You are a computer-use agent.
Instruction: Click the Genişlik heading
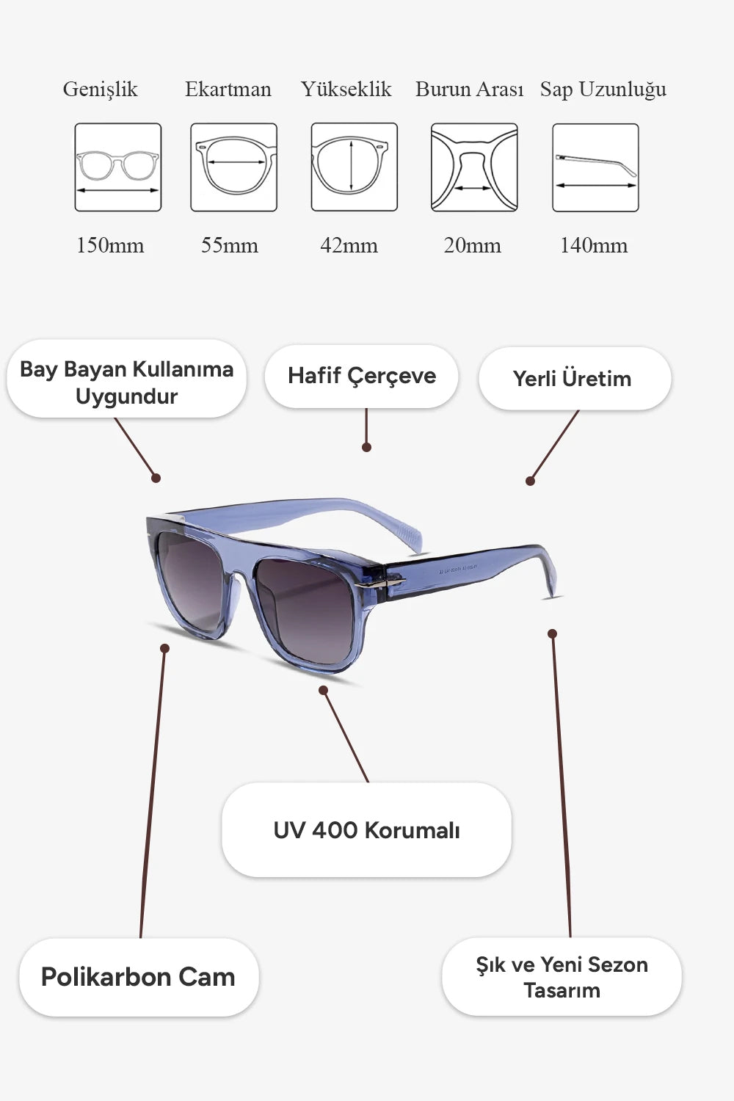(101, 90)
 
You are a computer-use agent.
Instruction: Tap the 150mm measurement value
(110, 245)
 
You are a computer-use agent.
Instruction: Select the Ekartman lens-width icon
(234, 167)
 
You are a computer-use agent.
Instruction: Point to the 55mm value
(230, 245)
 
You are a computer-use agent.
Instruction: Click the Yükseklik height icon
(354, 167)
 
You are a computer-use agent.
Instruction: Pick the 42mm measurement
(349, 245)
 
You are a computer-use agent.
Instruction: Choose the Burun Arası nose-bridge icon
(474, 167)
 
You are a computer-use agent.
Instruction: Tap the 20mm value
(472, 245)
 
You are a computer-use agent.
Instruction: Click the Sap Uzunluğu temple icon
(595, 167)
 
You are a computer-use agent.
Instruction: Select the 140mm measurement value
(594, 245)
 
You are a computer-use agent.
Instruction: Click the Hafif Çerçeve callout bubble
(362, 377)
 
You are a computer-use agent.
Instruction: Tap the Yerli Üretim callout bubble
(574, 379)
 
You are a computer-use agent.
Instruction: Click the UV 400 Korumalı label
(366, 830)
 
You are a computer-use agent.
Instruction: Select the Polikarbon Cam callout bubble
(139, 977)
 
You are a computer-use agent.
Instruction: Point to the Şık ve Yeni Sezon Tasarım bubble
(562, 977)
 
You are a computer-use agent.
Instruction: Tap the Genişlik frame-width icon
(118, 167)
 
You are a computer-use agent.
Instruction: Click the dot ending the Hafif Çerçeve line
(366, 447)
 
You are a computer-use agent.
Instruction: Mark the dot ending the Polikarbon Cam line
(165, 648)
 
